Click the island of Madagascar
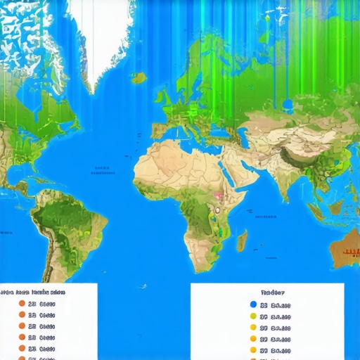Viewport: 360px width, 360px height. click(242, 241)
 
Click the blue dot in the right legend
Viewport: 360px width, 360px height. click(253, 304)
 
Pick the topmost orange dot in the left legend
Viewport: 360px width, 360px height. click(22, 304)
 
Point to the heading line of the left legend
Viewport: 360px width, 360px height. click(34, 292)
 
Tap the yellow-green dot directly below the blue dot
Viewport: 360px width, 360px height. click(253, 316)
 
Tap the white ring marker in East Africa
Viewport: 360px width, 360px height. click(218, 210)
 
